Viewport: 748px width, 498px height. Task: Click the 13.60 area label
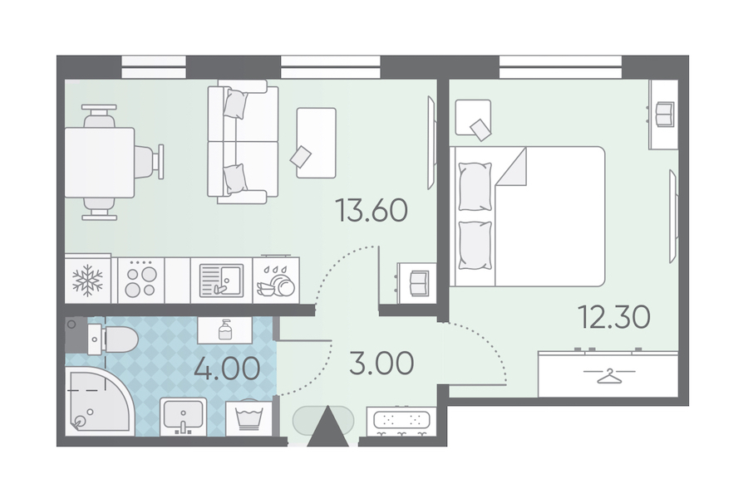coord(372,210)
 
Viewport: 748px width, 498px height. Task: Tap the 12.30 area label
coord(614,317)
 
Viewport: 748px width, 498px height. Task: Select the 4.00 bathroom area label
coord(227,369)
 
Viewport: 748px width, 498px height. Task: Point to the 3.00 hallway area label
coord(381,364)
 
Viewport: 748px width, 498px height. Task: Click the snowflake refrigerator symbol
coord(87,281)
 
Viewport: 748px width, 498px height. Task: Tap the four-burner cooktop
coord(140,281)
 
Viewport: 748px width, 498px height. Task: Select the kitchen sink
coord(221,281)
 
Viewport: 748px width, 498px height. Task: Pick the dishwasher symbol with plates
coord(276,281)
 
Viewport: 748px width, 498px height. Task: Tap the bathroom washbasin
coord(183,417)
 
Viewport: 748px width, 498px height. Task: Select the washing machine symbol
coord(249,418)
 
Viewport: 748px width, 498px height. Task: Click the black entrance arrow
coord(327,427)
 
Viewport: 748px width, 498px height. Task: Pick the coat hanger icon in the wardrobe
coord(610,376)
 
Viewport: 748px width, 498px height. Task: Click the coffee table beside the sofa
coord(317,143)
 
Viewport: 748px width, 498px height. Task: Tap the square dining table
coord(99,163)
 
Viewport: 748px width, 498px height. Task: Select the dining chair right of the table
coord(150,162)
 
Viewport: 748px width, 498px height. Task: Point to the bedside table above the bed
coord(473,118)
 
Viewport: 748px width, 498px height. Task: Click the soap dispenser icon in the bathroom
coord(225,330)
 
